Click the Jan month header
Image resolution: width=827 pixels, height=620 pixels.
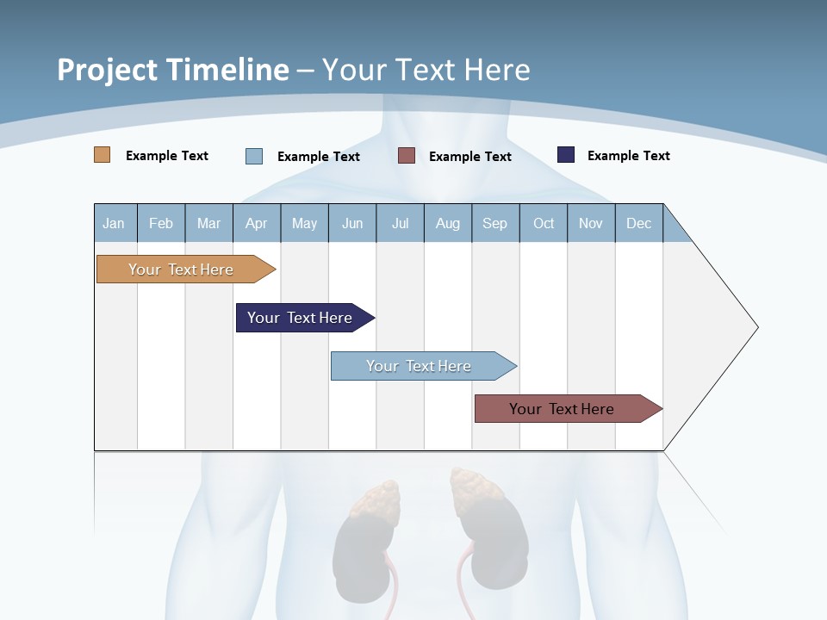tap(115, 223)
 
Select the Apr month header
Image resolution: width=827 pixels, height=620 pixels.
tap(256, 223)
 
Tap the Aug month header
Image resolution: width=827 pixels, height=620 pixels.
tap(448, 223)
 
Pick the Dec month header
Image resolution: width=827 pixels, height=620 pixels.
tap(638, 223)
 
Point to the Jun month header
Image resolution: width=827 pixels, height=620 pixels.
tap(352, 223)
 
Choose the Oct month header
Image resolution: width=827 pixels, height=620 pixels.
tap(544, 223)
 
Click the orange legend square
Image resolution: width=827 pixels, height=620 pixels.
tap(103, 155)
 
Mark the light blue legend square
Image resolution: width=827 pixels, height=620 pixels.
tap(254, 156)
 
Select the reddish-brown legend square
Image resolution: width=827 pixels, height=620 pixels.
tap(407, 156)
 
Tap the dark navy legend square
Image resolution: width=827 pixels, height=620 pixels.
tap(566, 155)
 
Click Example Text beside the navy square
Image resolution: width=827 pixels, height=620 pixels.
tap(628, 155)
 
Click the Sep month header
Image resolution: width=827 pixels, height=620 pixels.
tap(494, 223)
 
